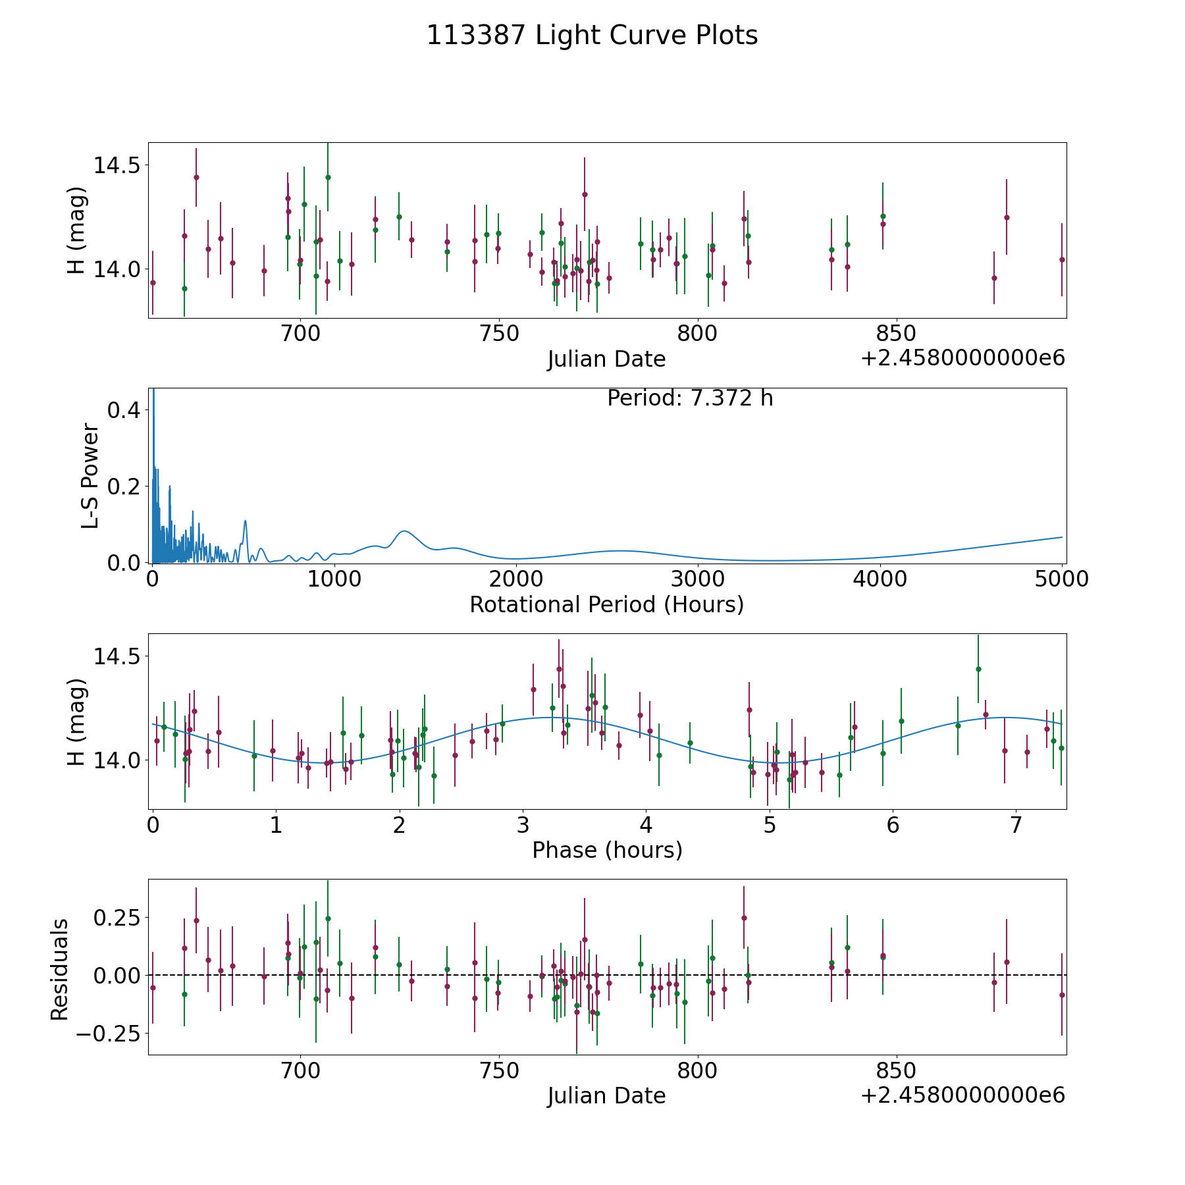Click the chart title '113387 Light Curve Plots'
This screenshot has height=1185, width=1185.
(x=592, y=36)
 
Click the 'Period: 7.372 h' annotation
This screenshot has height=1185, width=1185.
(x=689, y=398)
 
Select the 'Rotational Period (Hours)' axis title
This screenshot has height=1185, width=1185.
(x=606, y=604)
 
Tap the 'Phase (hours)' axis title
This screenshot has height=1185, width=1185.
(x=606, y=850)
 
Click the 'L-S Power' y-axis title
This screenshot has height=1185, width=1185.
(x=90, y=475)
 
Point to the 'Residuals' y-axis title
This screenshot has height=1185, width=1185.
(x=60, y=969)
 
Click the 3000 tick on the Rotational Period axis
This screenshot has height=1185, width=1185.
(x=698, y=579)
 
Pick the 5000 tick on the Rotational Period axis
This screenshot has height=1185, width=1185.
(x=1062, y=579)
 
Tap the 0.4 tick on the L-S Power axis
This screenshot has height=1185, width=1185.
(x=123, y=410)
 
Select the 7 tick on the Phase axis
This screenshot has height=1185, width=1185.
(x=1016, y=826)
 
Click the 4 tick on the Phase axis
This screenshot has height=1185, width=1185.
(x=646, y=826)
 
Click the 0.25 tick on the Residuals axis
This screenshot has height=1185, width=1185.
(x=115, y=917)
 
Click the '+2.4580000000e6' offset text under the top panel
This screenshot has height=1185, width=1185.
(x=962, y=358)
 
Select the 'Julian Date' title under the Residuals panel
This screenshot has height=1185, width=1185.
(x=606, y=1095)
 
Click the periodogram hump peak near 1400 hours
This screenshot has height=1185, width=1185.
(x=404, y=531)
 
